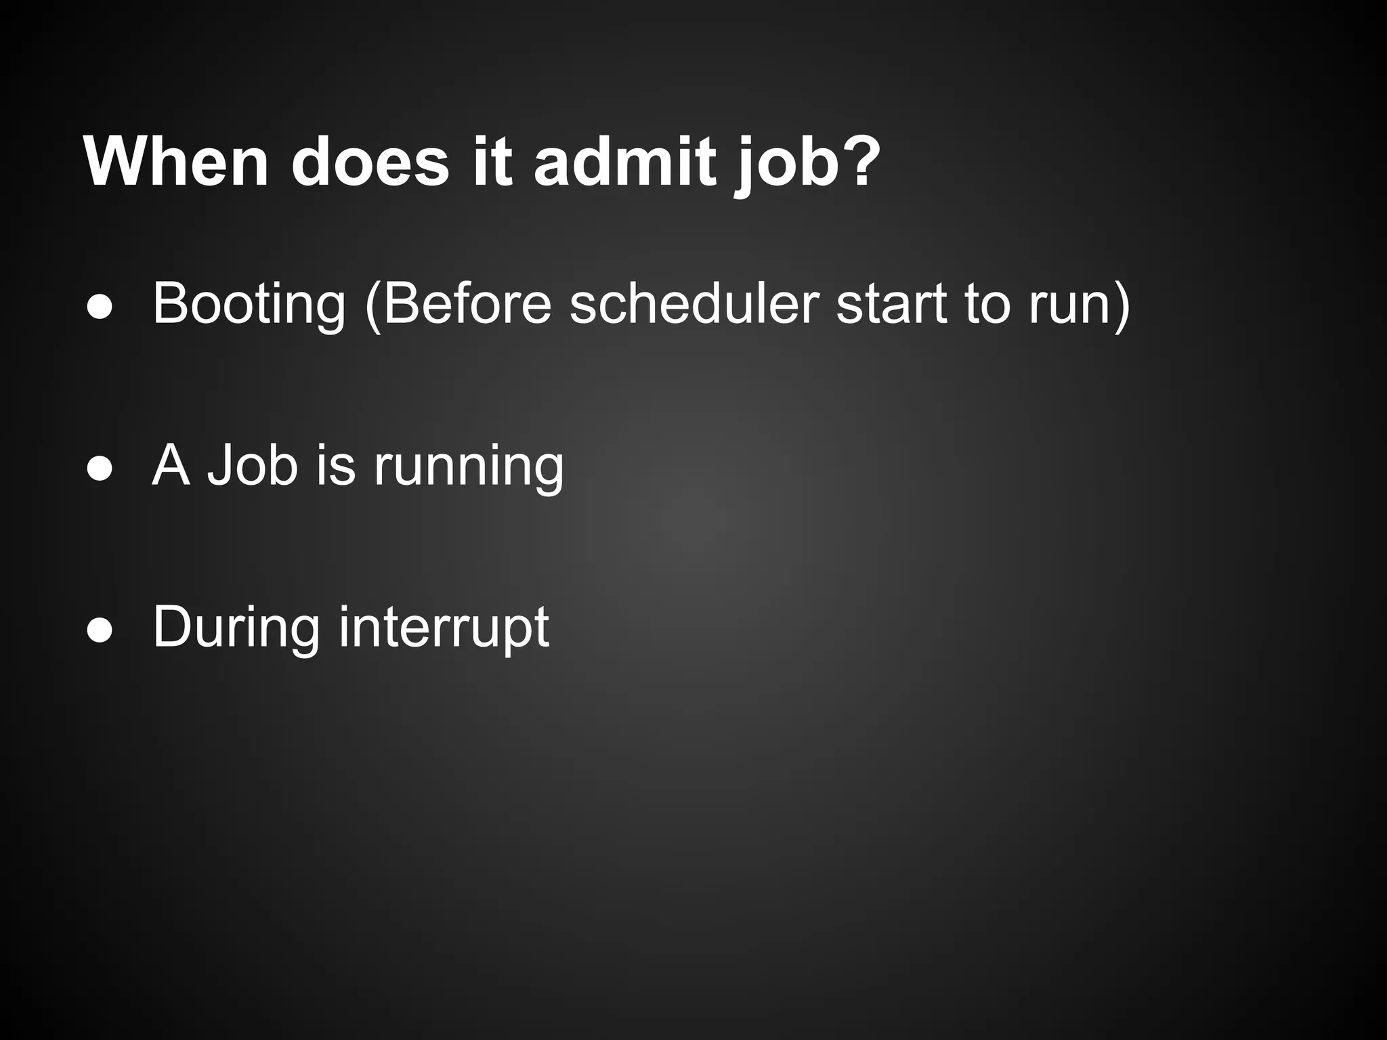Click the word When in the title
(x=176, y=162)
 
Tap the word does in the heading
(x=370, y=162)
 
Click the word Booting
(x=249, y=304)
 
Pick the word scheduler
(x=693, y=304)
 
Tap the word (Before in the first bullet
(x=458, y=304)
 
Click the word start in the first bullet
(x=891, y=304)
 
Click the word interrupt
(x=444, y=628)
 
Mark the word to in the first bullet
(x=987, y=304)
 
